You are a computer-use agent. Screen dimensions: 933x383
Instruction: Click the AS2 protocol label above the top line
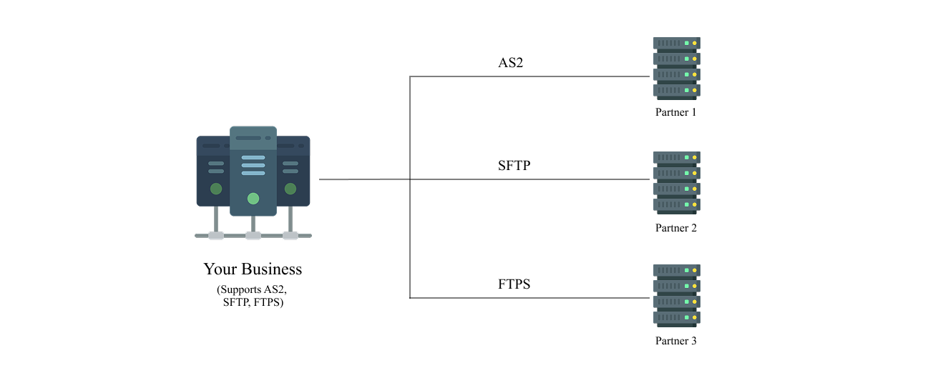click(510, 62)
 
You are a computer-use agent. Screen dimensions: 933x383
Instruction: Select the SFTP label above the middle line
click(514, 166)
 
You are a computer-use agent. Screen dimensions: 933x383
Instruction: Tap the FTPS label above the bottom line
click(514, 284)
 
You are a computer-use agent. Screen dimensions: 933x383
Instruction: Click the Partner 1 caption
click(675, 112)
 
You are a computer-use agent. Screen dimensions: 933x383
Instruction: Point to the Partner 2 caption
click(675, 228)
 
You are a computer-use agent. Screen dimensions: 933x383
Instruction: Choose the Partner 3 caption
click(675, 341)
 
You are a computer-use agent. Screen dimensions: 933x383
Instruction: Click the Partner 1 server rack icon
click(676, 69)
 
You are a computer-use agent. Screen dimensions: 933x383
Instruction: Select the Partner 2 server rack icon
click(676, 183)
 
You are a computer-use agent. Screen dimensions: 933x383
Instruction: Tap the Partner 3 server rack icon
click(676, 296)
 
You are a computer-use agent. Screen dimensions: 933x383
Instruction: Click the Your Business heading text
click(253, 269)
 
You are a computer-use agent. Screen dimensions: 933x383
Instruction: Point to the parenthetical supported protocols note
click(253, 296)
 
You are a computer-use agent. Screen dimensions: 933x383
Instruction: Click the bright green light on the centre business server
click(253, 199)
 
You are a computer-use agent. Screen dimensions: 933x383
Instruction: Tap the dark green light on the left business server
click(216, 189)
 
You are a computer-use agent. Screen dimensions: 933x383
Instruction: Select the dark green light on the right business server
click(290, 189)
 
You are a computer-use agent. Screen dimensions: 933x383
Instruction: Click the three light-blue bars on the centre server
click(253, 166)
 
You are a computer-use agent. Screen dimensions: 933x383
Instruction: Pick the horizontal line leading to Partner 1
click(529, 76)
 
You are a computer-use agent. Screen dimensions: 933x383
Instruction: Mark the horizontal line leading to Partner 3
click(529, 298)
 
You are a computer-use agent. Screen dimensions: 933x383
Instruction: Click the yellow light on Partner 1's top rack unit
click(694, 44)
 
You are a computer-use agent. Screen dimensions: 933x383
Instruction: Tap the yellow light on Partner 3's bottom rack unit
click(694, 318)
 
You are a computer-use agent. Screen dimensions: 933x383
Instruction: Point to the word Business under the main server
click(272, 269)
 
